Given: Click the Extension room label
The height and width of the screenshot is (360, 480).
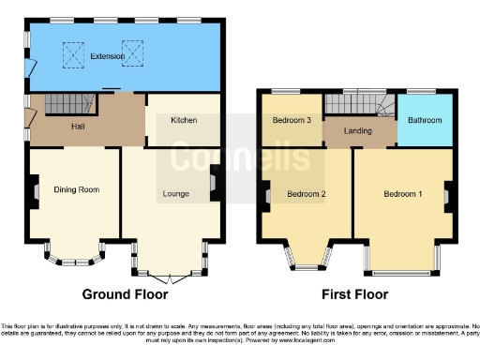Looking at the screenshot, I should coord(107,56).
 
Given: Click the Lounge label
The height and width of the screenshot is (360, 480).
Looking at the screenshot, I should coord(175,194).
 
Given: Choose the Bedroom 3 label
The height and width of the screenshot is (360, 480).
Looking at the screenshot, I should coord(292,121).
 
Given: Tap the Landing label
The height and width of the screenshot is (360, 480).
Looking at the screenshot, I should coord(358,132).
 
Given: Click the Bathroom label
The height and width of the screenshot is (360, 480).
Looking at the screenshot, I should coord(424,121).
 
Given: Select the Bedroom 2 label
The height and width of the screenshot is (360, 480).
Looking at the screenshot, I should coord(306,194).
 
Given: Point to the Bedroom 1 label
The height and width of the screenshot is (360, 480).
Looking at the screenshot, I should coord(402,194).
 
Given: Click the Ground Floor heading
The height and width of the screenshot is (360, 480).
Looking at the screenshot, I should coord(125,293).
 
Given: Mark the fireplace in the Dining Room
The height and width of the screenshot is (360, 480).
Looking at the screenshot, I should coord(35,193).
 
